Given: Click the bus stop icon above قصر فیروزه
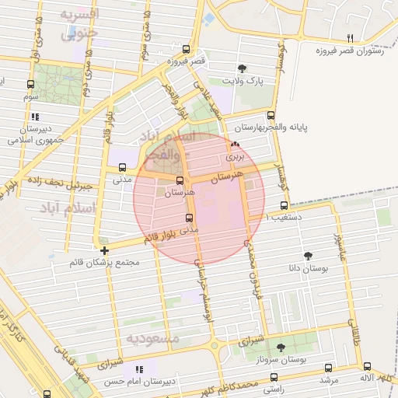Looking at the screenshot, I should (180, 48).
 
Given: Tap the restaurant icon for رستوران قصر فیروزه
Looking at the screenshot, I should (351, 38).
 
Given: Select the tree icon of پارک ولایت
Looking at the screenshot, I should (243, 68).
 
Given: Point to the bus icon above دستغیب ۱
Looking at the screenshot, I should (284, 206).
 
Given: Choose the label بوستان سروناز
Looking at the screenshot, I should (281, 361).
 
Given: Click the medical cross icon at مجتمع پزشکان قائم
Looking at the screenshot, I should (104, 250).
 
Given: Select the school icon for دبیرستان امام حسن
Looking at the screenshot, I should (139, 368).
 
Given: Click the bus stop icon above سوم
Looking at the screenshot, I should (30, 84).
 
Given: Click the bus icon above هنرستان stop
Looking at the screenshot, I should (180, 180).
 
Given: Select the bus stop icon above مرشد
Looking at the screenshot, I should (328, 367).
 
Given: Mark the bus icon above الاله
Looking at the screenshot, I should (367, 366).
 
